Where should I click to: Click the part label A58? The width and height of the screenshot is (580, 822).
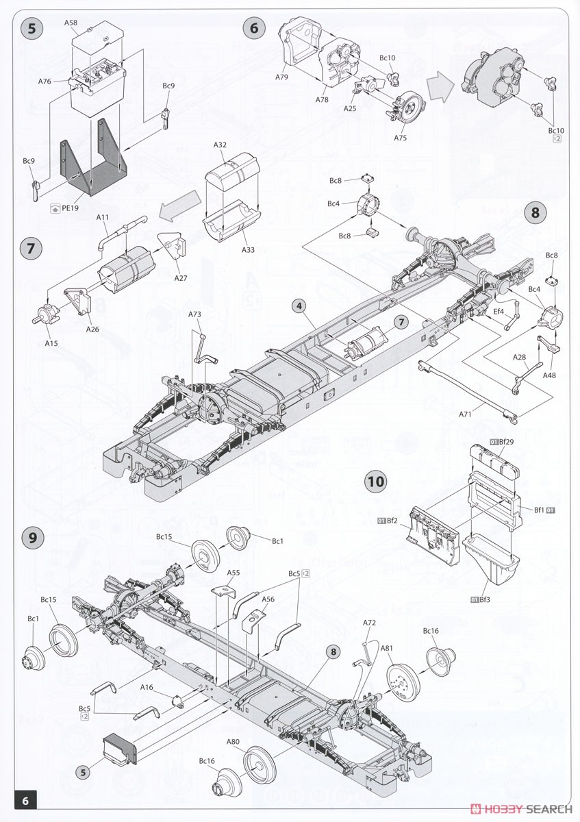pyautogui.click(x=71, y=23)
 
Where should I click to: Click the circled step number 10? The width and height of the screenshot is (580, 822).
pyautogui.click(x=377, y=482)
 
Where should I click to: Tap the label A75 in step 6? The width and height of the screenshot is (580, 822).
pyautogui.click(x=401, y=138)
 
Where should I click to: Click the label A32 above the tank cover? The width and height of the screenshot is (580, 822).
pyautogui.click(x=220, y=145)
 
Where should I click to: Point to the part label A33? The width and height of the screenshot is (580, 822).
pyautogui.click(x=248, y=250)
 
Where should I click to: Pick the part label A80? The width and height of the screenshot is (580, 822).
pyautogui.click(x=233, y=741)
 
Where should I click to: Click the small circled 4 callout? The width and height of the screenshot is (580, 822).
pyautogui.click(x=299, y=306)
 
